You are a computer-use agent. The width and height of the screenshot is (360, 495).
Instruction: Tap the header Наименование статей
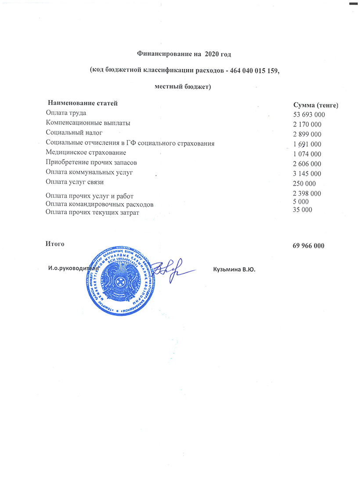coord(83,104)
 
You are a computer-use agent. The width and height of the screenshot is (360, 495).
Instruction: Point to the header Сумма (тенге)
coord(315,105)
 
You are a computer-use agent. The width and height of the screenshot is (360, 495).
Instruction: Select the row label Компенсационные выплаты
coord(88,123)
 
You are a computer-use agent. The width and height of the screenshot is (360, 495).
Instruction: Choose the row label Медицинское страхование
coord(86,152)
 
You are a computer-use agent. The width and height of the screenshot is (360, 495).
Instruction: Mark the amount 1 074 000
coord(307,154)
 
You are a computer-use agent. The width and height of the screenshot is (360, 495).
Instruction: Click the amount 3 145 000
coord(307,174)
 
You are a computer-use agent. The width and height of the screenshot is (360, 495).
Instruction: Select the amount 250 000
coord(304,183)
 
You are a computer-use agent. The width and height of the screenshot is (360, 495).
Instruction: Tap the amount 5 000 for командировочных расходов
coord(300,201)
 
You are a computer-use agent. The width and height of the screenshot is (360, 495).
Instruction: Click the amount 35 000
coord(302,210)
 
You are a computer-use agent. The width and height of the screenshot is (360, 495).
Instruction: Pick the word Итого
coord(55,244)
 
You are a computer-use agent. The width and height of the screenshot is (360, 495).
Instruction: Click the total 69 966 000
coord(308,246)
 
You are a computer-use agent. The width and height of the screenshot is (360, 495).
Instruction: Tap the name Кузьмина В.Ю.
coord(234,269)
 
